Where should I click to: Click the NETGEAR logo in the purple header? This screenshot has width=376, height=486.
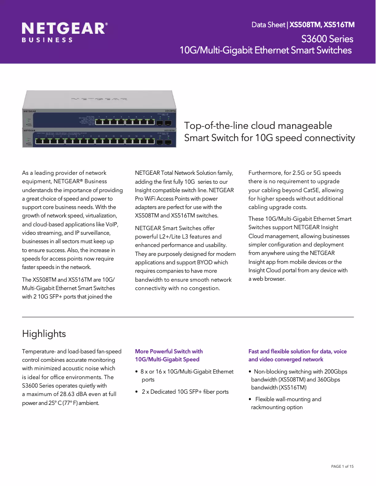(x=65, y=29)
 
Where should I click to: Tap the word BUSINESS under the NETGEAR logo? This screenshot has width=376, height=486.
(x=47, y=40)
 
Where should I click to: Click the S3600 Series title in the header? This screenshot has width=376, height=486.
(x=327, y=38)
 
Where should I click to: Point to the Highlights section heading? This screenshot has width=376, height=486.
(x=44, y=334)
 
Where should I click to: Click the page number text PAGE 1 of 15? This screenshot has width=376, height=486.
(x=342, y=466)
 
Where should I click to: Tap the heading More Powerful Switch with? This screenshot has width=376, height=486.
(x=169, y=351)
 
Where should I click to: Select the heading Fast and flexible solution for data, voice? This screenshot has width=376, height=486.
(x=297, y=351)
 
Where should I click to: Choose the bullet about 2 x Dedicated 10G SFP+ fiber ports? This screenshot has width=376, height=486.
(x=185, y=391)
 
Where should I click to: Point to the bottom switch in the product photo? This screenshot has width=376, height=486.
(x=99, y=138)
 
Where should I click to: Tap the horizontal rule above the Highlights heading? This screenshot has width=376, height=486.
(x=188, y=317)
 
